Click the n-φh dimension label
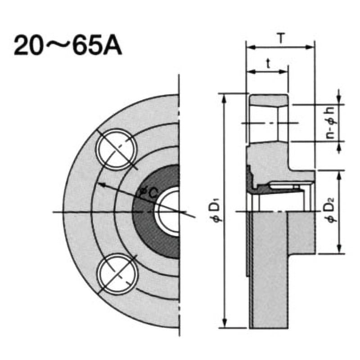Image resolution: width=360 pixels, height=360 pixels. click(x=330, y=122)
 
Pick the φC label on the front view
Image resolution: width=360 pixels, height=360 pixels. click(x=148, y=193)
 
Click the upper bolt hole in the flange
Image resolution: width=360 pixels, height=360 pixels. click(x=116, y=150)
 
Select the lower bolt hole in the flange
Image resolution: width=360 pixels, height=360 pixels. click(x=117, y=274)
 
